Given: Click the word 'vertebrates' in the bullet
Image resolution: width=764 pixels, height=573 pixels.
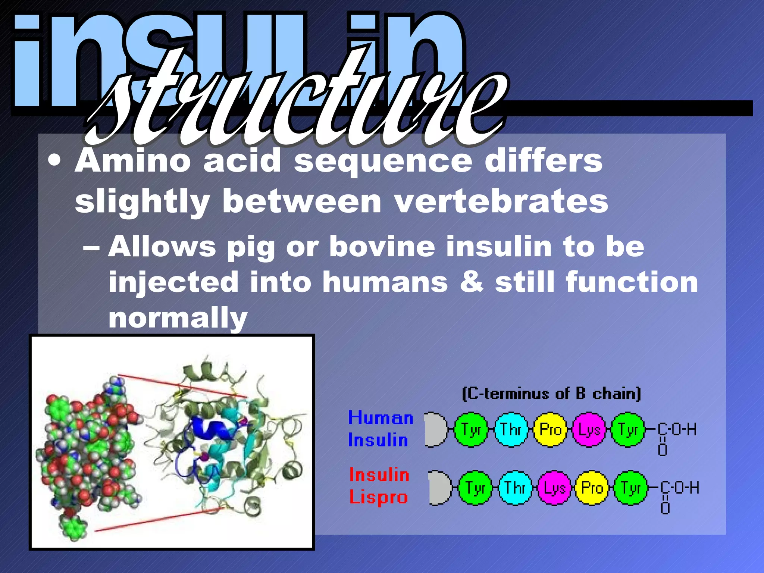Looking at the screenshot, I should coord(501,202).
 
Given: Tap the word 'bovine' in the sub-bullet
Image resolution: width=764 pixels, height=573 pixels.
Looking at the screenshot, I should coord(382,247).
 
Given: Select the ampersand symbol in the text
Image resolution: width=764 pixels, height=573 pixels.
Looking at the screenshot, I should coord(472,282).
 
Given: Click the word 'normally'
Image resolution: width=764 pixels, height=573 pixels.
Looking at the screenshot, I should coord(178,318).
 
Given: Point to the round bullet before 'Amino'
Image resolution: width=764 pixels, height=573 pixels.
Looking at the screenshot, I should coord(55,161).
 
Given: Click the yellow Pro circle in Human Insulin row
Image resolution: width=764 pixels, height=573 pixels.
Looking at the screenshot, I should coord(550,429).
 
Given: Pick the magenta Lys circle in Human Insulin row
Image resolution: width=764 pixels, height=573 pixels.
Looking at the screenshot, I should coord(589,429).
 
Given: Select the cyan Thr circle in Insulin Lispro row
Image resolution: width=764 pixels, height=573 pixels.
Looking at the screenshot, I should coord(515,488).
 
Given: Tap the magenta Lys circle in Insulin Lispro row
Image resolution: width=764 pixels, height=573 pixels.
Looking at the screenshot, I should coord(554,488).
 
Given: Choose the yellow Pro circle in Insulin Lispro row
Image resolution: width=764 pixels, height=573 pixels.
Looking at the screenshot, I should coord(592,488).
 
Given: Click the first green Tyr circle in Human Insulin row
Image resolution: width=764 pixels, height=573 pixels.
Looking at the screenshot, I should coord(471,429).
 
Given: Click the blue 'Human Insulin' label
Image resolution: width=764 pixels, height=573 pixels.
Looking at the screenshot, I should coord(381,429).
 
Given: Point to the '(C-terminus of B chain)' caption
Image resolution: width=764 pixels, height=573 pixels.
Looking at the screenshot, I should coord(551,394).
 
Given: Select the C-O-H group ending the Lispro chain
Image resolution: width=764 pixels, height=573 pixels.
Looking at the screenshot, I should coord(679,488).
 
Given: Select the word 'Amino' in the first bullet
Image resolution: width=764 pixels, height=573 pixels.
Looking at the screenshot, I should coord(132,161).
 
